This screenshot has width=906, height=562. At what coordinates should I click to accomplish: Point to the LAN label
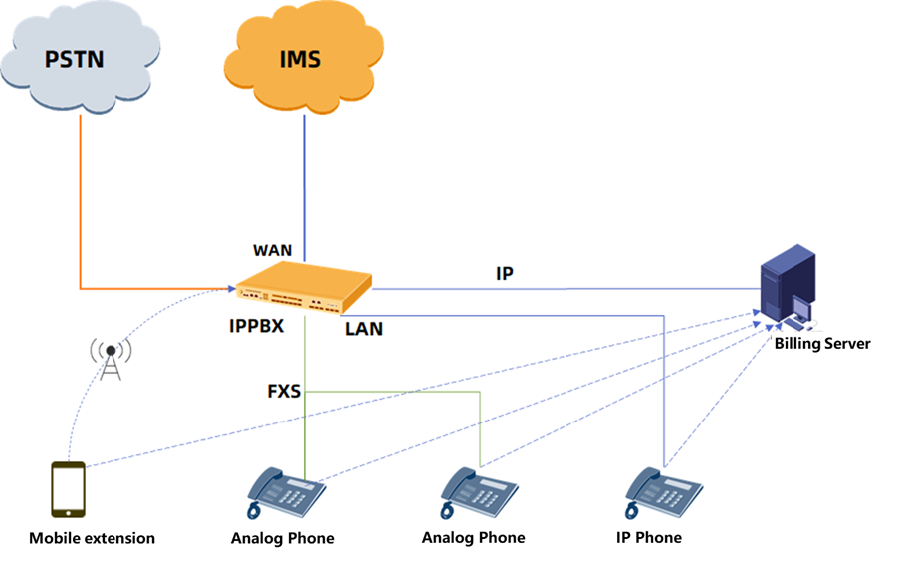364,328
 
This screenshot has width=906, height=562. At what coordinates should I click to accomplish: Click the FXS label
284,392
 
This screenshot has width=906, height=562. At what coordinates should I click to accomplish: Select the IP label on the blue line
505,273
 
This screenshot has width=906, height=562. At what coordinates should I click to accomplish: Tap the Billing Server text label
823,344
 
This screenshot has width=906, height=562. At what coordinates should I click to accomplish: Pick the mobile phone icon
68,489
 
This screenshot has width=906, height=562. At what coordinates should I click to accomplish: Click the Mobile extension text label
92,538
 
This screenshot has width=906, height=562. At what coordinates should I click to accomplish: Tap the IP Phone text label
648,538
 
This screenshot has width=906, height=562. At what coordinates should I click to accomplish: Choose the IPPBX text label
256,326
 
